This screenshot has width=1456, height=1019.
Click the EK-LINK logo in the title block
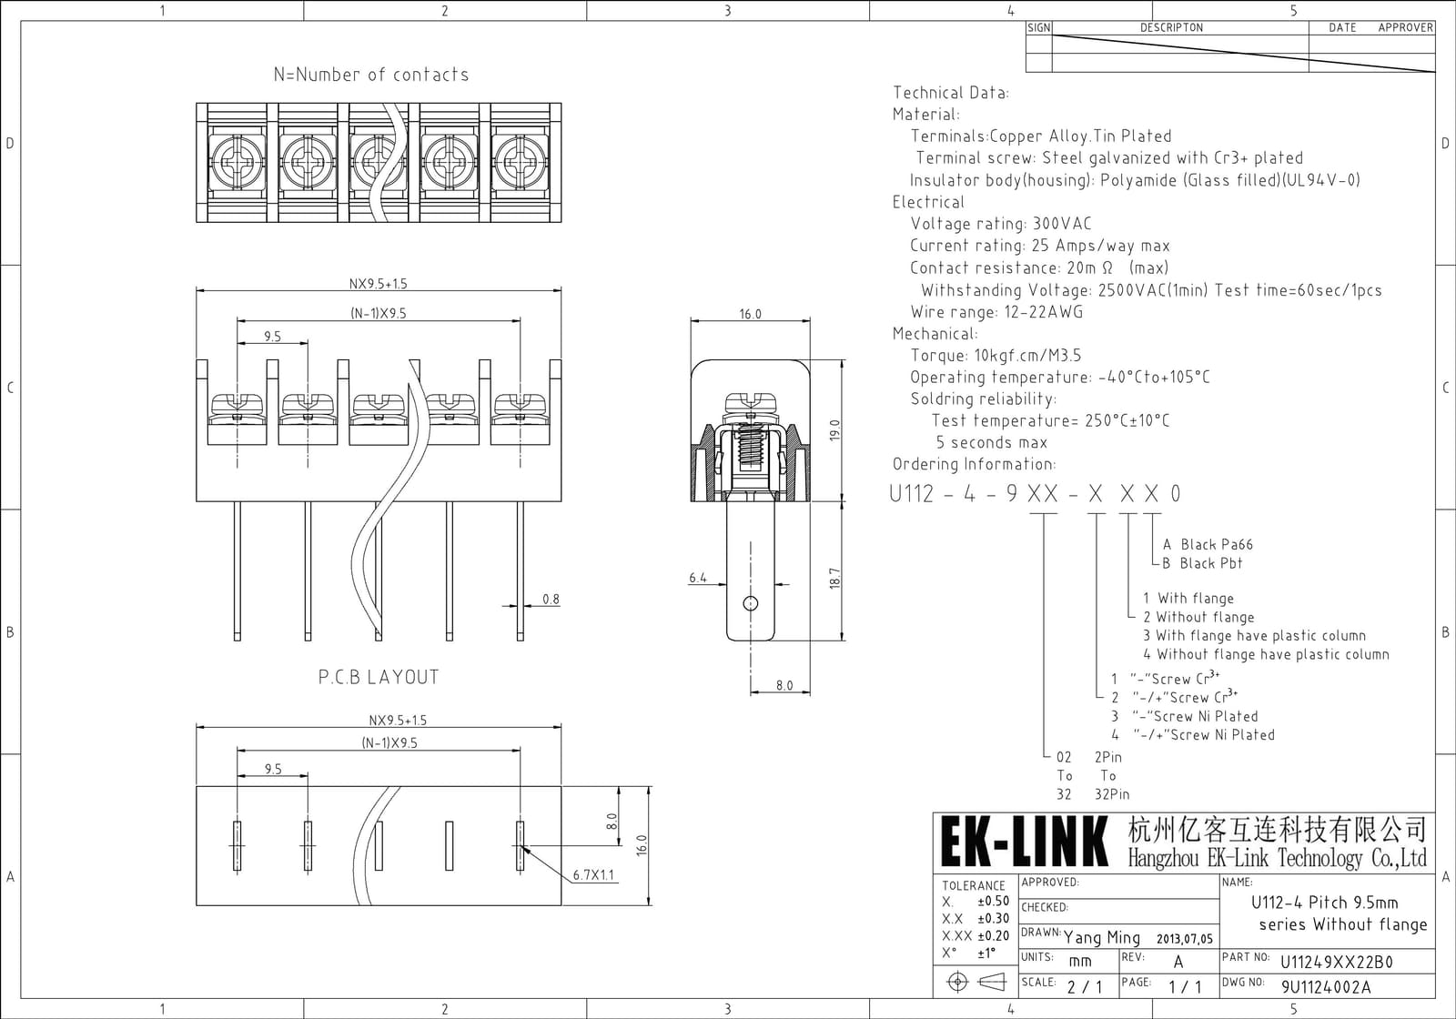pos(1025,842)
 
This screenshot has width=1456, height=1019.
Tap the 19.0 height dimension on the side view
pos(835,430)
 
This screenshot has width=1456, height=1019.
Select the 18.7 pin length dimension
pos(835,579)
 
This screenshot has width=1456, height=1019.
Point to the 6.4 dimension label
pos(697,578)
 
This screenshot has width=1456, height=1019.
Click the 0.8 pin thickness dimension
pos(551,600)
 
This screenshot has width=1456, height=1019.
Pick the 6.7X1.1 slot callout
pos(593,874)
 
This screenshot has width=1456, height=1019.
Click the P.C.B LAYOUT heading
pos(379,677)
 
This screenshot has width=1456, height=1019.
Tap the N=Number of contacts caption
pos(371,75)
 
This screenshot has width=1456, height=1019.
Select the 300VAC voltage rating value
pos(1062,224)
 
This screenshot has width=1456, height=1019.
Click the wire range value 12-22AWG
pos(1044,312)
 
